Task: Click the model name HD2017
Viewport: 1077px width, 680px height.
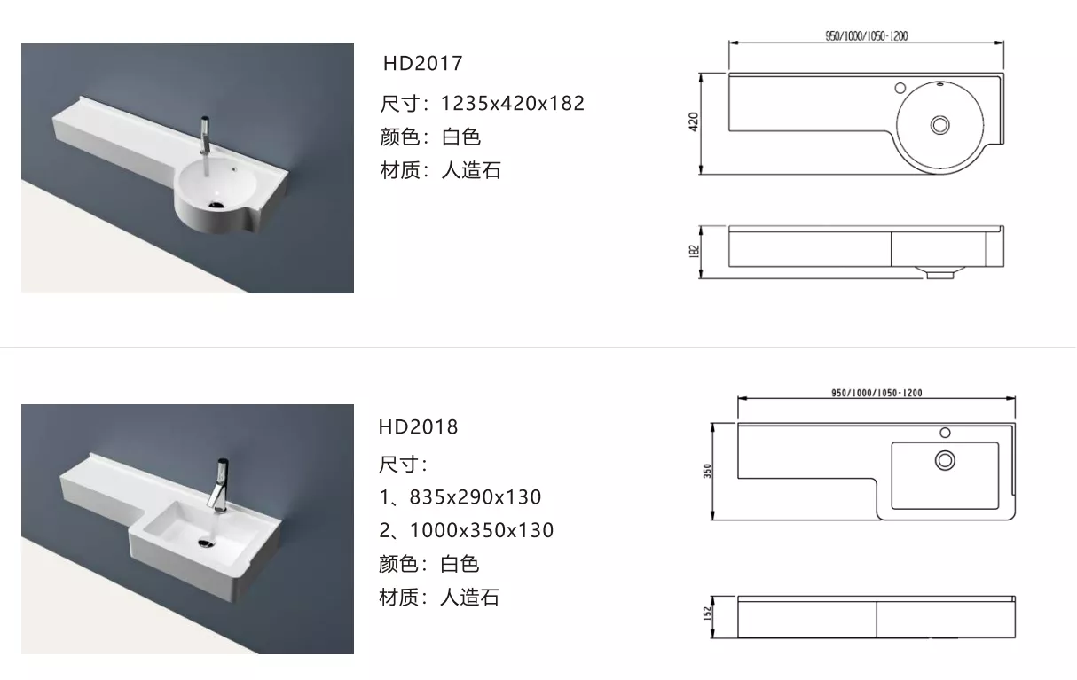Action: tap(422, 64)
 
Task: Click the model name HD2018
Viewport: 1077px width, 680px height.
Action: tap(419, 426)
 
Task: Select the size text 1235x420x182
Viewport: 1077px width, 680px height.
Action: tap(513, 104)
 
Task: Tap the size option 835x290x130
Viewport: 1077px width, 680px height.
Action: tap(475, 496)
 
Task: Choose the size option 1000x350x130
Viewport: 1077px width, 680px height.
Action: tap(482, 530)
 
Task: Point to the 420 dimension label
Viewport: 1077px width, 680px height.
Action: tap(693, 121)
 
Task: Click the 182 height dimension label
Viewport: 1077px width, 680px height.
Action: tap(694, 251)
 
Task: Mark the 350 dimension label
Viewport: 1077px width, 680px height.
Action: tap(707, 471)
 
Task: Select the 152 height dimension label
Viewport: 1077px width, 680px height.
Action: tap(707, 614)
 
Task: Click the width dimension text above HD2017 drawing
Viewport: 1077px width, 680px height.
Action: tap(867, 36)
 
